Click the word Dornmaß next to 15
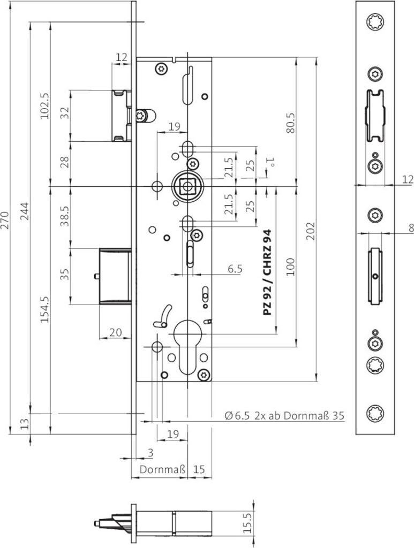163,469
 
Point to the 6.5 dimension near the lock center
235,269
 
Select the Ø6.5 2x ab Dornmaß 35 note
284,415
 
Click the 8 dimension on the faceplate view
410,227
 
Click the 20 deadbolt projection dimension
115,332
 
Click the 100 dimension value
291,266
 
